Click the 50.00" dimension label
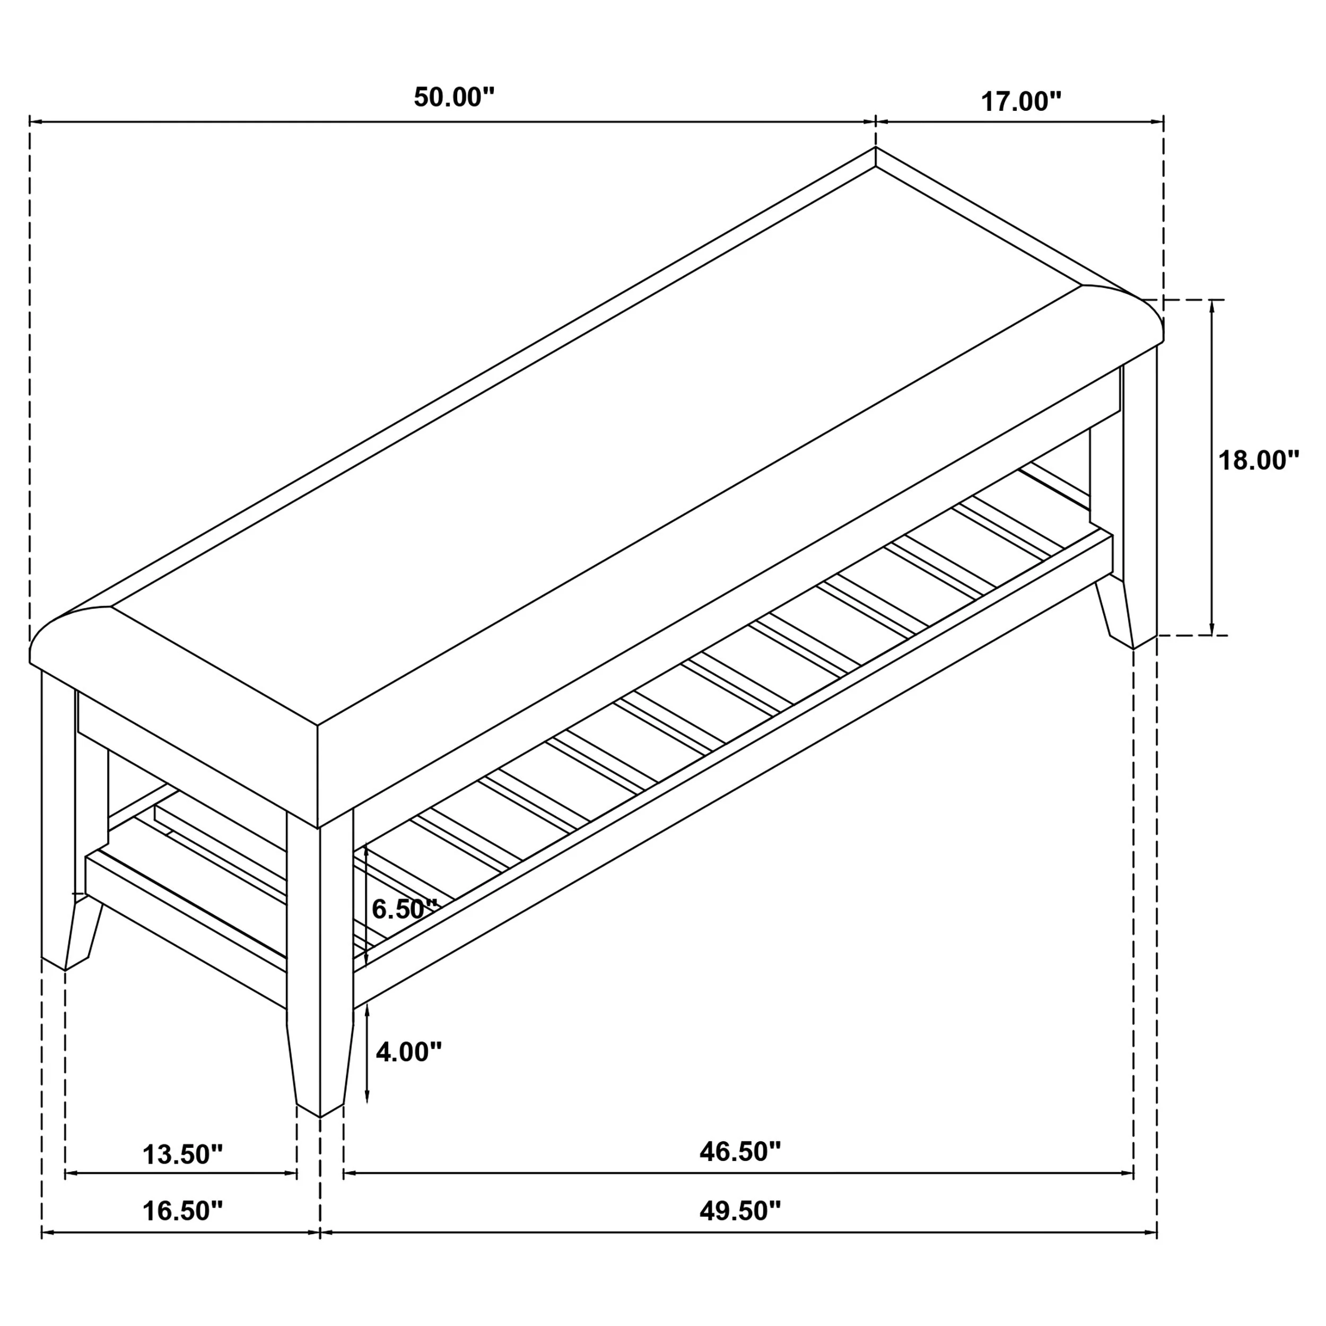(x=453, y=98)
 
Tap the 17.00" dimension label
(x=1020, y=102)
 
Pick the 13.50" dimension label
(x=182, y=1155)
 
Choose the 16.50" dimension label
(x=182, y=1211)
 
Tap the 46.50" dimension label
(x=740, y=1153)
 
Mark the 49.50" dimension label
(x=740, y=1211)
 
